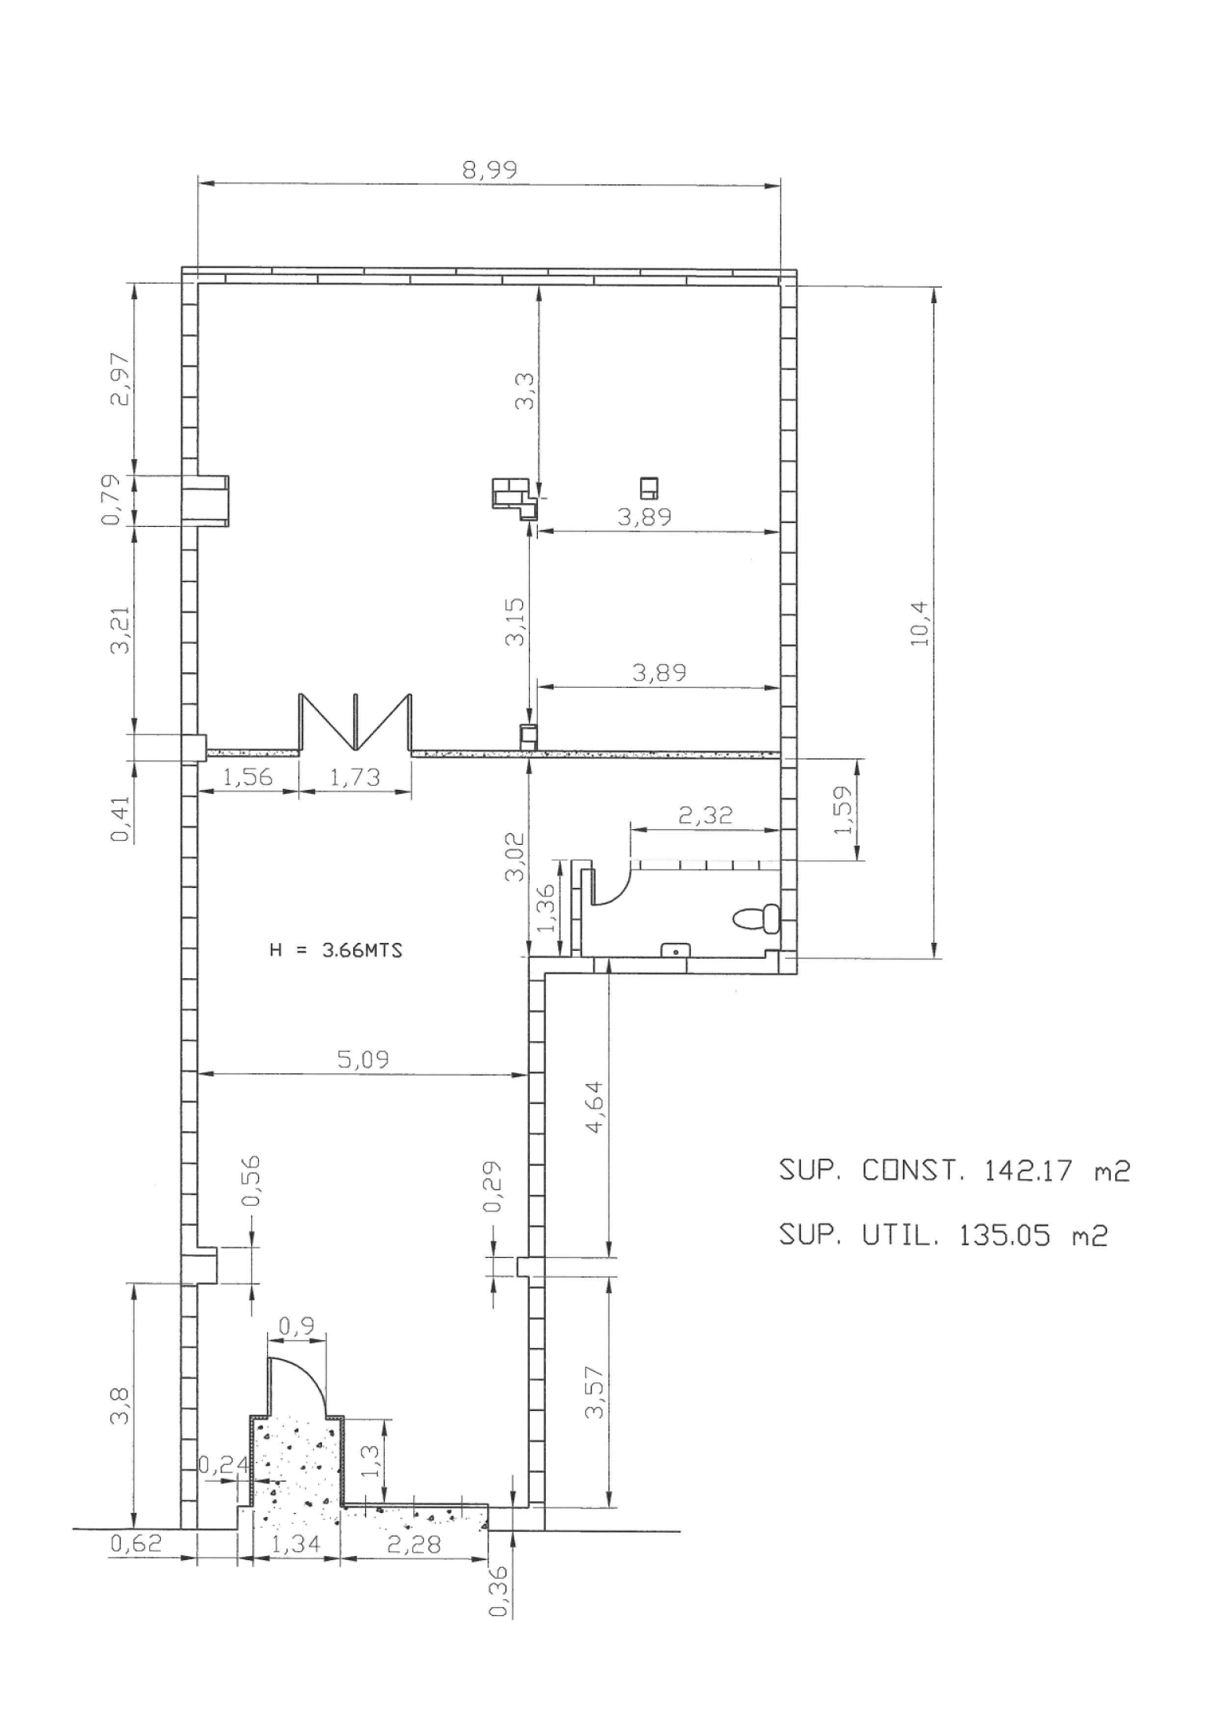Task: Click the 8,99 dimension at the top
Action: (x=489, y=170)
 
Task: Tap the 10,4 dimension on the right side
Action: (x=919, y=623)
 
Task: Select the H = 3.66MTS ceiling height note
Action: (x=336, y=950)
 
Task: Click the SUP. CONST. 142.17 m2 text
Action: (x=954, y=1171)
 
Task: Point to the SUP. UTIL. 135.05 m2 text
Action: (x=943, y=1237)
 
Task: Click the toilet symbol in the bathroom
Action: (x=757, y=919)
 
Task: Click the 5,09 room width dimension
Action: (x=363, y=1060)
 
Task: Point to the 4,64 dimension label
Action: (x=594, y=1107)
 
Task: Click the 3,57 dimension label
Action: (x=594, y=1392)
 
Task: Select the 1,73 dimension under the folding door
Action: (x=355, y=777)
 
